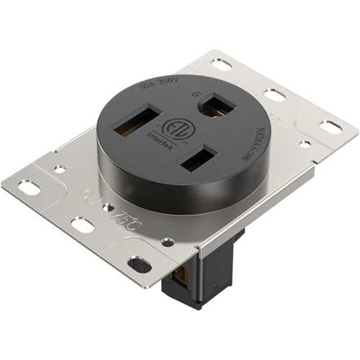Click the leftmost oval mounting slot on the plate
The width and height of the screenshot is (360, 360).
pos(28,189)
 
